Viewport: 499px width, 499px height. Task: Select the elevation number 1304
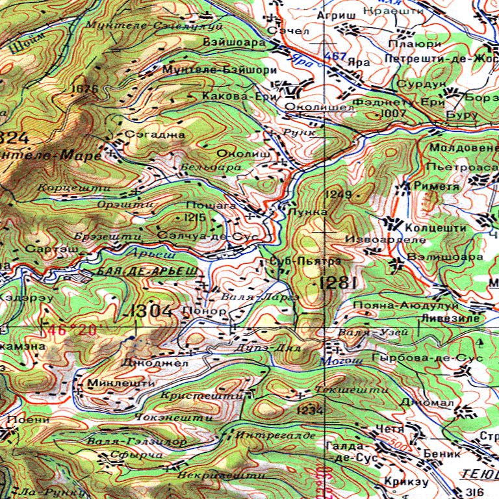coord(151,311)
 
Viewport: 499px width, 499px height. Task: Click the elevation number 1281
coord(338,283)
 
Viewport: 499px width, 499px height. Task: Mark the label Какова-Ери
coord(231,96)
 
